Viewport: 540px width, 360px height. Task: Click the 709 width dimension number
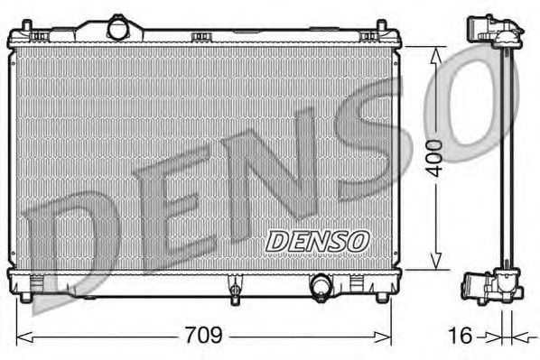click(x=204, y=335)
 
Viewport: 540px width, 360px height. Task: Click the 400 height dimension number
click(x=435, y=158)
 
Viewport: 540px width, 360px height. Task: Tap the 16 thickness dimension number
click(x=461, y=335)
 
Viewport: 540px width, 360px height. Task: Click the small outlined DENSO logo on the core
click(x=317, y=241)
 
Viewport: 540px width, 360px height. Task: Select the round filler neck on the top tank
click(x=117, y=28)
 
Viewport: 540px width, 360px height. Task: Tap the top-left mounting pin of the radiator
click(x=27, y=26)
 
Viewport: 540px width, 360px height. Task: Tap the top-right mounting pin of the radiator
click(x=382, y=26)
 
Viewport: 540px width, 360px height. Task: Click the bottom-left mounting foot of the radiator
click(x=26, y=296)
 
